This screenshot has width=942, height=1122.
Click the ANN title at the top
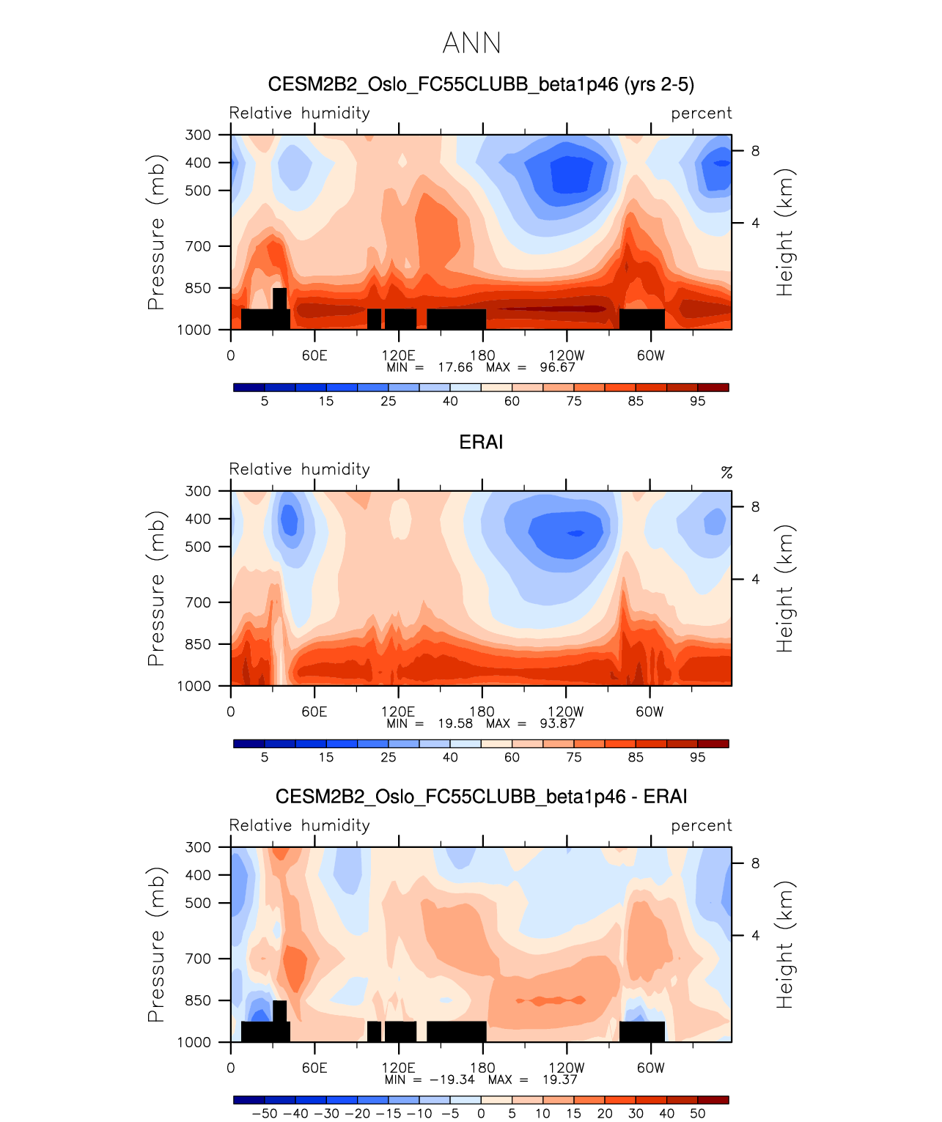pyautogui.click(x=472, y=43)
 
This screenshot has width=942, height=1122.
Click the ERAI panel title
pyautogui.click(x=481, y=442)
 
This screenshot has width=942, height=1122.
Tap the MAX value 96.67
pyautogui.click(x=557, y=367)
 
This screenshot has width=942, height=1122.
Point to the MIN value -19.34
pyautogui.click(x=452, y=1079)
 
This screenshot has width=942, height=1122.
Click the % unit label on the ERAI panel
pyautogui.click(x=726, y=472)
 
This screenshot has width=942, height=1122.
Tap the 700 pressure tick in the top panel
pyautogui.click(x=198, y=246)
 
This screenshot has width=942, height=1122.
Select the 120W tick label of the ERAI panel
pyautogui.click(x=566, y=712)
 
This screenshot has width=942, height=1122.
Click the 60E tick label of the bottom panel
pyautogui.click(x=314, y=1068)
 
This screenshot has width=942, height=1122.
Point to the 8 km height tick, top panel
pyautogui.click(x=755, y=151)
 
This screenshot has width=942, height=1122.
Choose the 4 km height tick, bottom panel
pyautogui.click(x=755, y=935)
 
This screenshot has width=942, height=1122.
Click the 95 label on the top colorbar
pyautogui.click(x=697, y=401)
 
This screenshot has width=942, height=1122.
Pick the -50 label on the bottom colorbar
pyautogui.click(x=265, y=1113)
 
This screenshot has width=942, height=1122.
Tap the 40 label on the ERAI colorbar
pyautogui.click(x=450, y=757)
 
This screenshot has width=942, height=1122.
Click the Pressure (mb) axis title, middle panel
pyautogui.click(x=155, y=588)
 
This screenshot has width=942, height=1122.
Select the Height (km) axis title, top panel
pyautogui.click(x=785, y=232)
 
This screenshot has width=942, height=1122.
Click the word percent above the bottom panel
pyautogui.click(x=701, y=825)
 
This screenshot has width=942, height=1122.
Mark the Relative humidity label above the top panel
pyautogui.click(x=299, y=113)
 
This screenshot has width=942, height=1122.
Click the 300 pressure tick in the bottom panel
pyautogui.click(x=198, y=847)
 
